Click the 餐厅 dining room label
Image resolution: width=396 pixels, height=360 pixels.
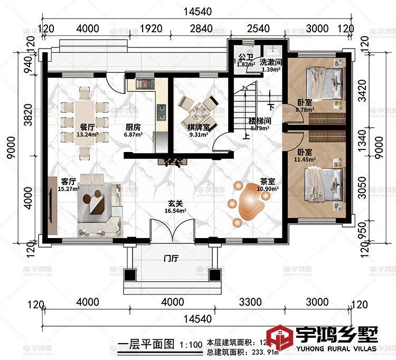tap(88, 127)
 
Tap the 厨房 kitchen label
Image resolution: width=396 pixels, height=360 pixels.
tap(133, 127)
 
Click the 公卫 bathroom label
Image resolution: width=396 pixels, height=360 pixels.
tap(245, 57)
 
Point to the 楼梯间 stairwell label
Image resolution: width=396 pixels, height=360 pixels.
tap(260, 121)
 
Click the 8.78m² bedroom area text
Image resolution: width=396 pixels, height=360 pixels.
tap(305, 110)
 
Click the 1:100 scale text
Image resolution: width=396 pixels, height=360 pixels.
tap(191, 345)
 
